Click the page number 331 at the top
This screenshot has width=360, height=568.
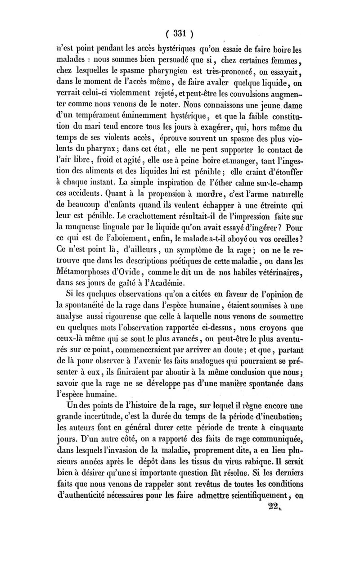[x=180, y=33]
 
